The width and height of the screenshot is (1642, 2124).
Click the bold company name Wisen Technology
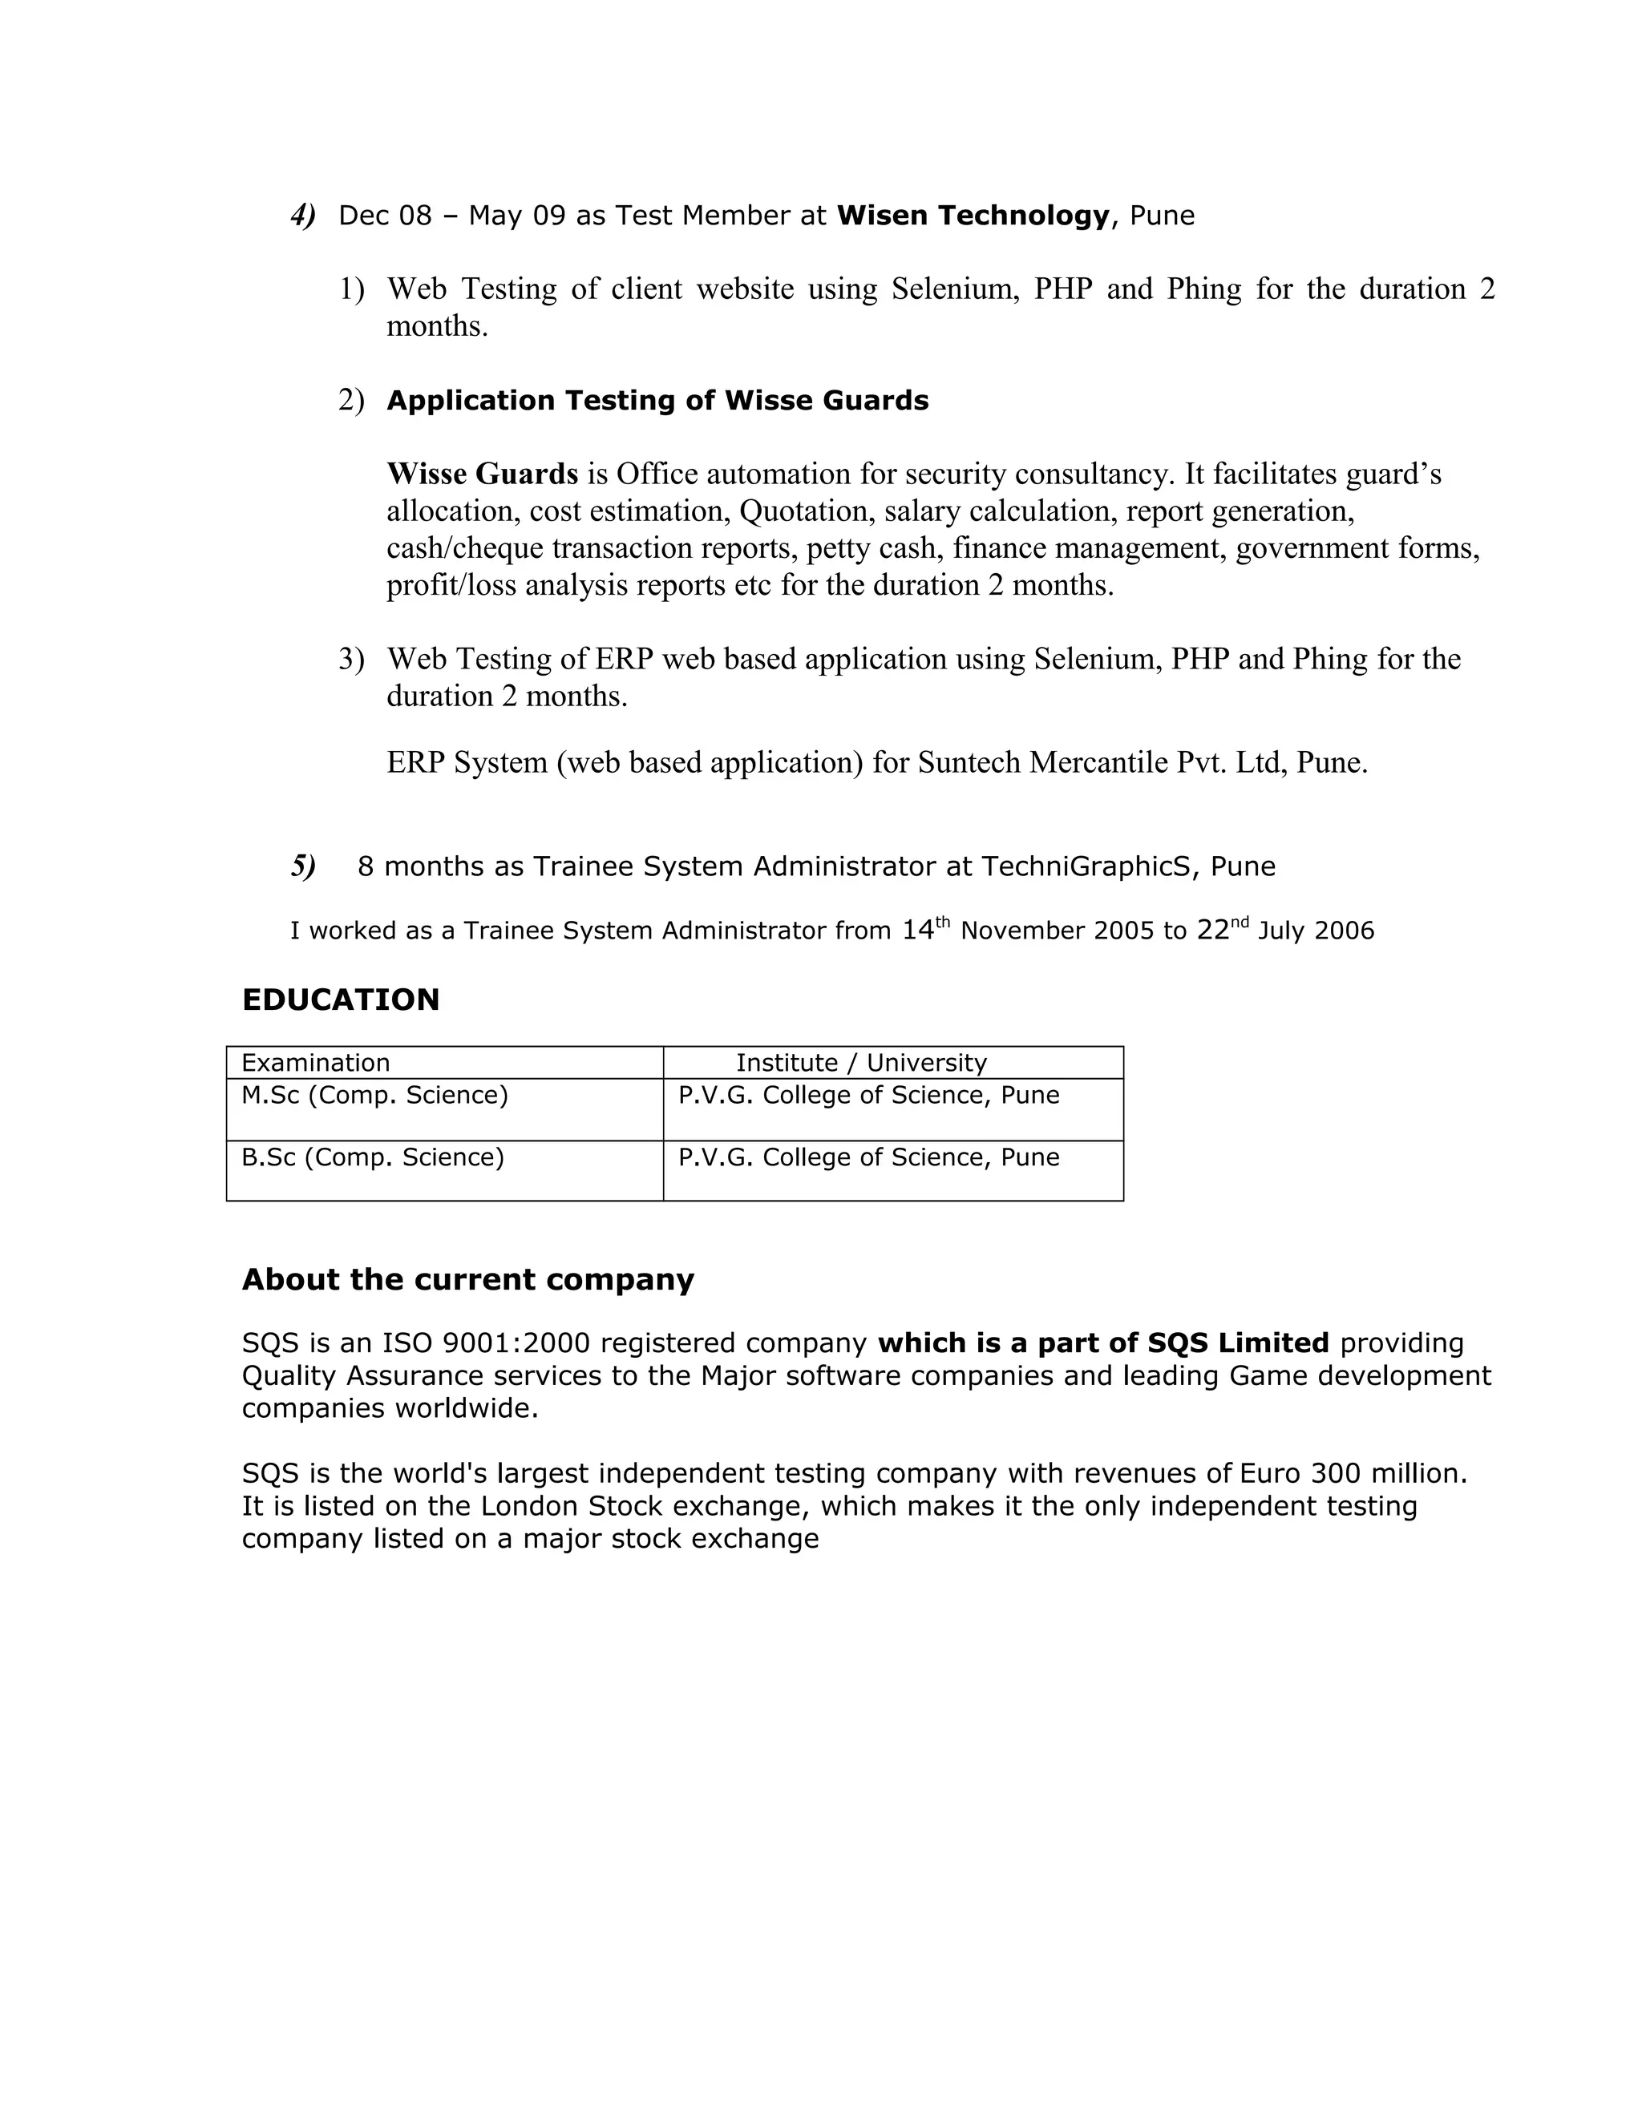pos(972,215)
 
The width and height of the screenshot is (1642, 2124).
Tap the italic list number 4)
pos(302,215)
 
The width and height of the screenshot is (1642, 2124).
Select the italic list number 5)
pos(302,866)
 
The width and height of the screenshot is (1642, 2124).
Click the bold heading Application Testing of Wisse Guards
pos(657,401)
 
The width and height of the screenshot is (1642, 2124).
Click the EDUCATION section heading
pos(341,999)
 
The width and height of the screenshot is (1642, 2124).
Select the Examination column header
pos(315,1063)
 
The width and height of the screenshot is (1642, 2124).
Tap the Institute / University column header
pos(861,1063)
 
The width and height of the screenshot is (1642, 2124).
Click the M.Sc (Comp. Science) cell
pos(374,1095)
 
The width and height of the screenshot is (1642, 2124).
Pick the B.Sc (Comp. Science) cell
pos(373,1157)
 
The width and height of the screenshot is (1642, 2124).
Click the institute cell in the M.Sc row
pos(868,1095)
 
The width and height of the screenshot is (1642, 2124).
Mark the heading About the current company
pos(468,1279)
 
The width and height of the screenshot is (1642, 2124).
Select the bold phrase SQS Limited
pos(1237,1343)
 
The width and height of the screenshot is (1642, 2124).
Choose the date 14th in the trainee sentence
pos(925,930)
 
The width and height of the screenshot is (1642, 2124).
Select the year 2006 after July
pos(1344,931)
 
